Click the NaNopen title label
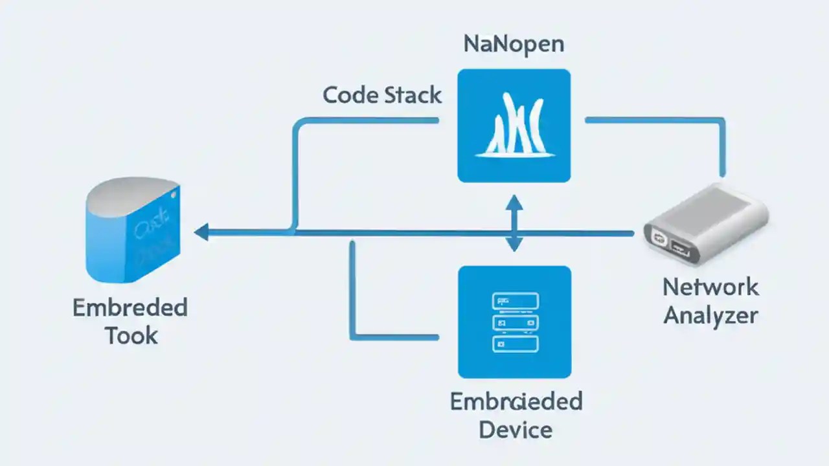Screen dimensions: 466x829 tap(514, 44)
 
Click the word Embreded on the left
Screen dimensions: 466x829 tap(130, 307)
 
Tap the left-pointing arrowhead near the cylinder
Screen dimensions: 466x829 tap(201, 232)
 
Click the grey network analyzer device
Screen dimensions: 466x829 tap(706, 223)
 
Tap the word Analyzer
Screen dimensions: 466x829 tap(710, 315)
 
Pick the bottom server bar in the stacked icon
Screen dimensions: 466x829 tap(515, 344)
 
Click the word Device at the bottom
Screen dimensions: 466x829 tap(516, 429)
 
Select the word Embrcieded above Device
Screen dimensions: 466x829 tap(516, 401)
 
